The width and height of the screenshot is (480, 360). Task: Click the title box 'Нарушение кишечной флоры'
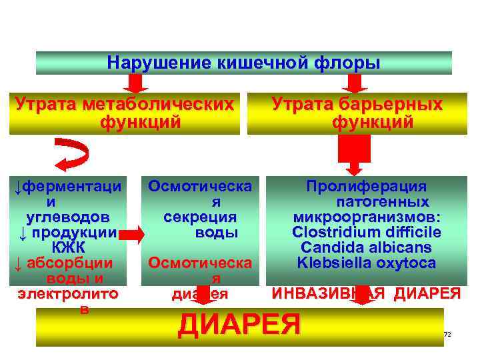243,63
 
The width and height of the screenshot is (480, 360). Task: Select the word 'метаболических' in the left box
160,105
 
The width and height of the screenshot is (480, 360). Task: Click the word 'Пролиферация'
366,187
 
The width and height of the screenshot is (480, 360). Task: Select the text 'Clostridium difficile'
366,233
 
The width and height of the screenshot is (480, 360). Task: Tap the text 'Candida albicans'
366,248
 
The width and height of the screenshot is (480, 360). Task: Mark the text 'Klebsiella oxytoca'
366,263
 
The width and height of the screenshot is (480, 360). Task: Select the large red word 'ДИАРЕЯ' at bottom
239,325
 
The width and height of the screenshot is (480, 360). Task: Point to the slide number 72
447,333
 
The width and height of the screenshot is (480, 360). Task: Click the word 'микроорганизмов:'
366,217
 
